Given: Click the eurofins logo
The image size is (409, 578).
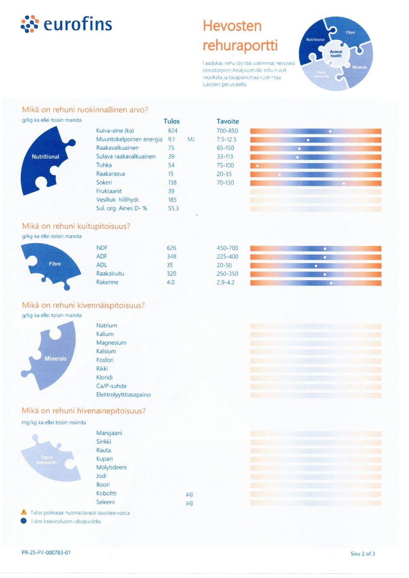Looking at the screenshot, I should point(66,24).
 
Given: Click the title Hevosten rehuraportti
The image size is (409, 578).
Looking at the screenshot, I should point(240,35).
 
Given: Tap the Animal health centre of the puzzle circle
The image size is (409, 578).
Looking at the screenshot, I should point(336,54).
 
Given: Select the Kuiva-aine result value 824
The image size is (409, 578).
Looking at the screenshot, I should point(173,131).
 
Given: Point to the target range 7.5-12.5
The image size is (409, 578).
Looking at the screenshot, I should point(226,140).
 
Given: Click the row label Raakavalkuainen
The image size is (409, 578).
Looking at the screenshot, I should point(117,148).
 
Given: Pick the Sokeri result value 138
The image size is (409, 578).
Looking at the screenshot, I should point(172,182).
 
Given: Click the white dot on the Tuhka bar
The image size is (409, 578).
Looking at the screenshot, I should point(257,166).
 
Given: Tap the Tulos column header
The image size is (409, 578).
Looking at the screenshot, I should point(172,121).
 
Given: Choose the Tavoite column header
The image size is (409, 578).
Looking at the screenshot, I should point(228,121).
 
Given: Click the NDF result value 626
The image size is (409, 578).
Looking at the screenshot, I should point(171,248).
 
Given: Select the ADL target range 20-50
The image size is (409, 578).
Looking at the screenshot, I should point(224,265).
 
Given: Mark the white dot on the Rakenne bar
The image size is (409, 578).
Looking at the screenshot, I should point(331,283).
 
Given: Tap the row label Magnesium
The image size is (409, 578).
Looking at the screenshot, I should point(111,342).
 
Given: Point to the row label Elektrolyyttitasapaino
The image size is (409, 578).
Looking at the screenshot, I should point(124,394).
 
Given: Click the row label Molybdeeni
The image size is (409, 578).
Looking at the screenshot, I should point(111,467).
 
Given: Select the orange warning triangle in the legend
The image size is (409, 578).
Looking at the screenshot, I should point(24,512).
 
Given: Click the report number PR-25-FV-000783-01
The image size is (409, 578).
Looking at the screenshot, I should point(46,552).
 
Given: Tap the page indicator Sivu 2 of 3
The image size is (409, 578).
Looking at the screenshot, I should point(363,554).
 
